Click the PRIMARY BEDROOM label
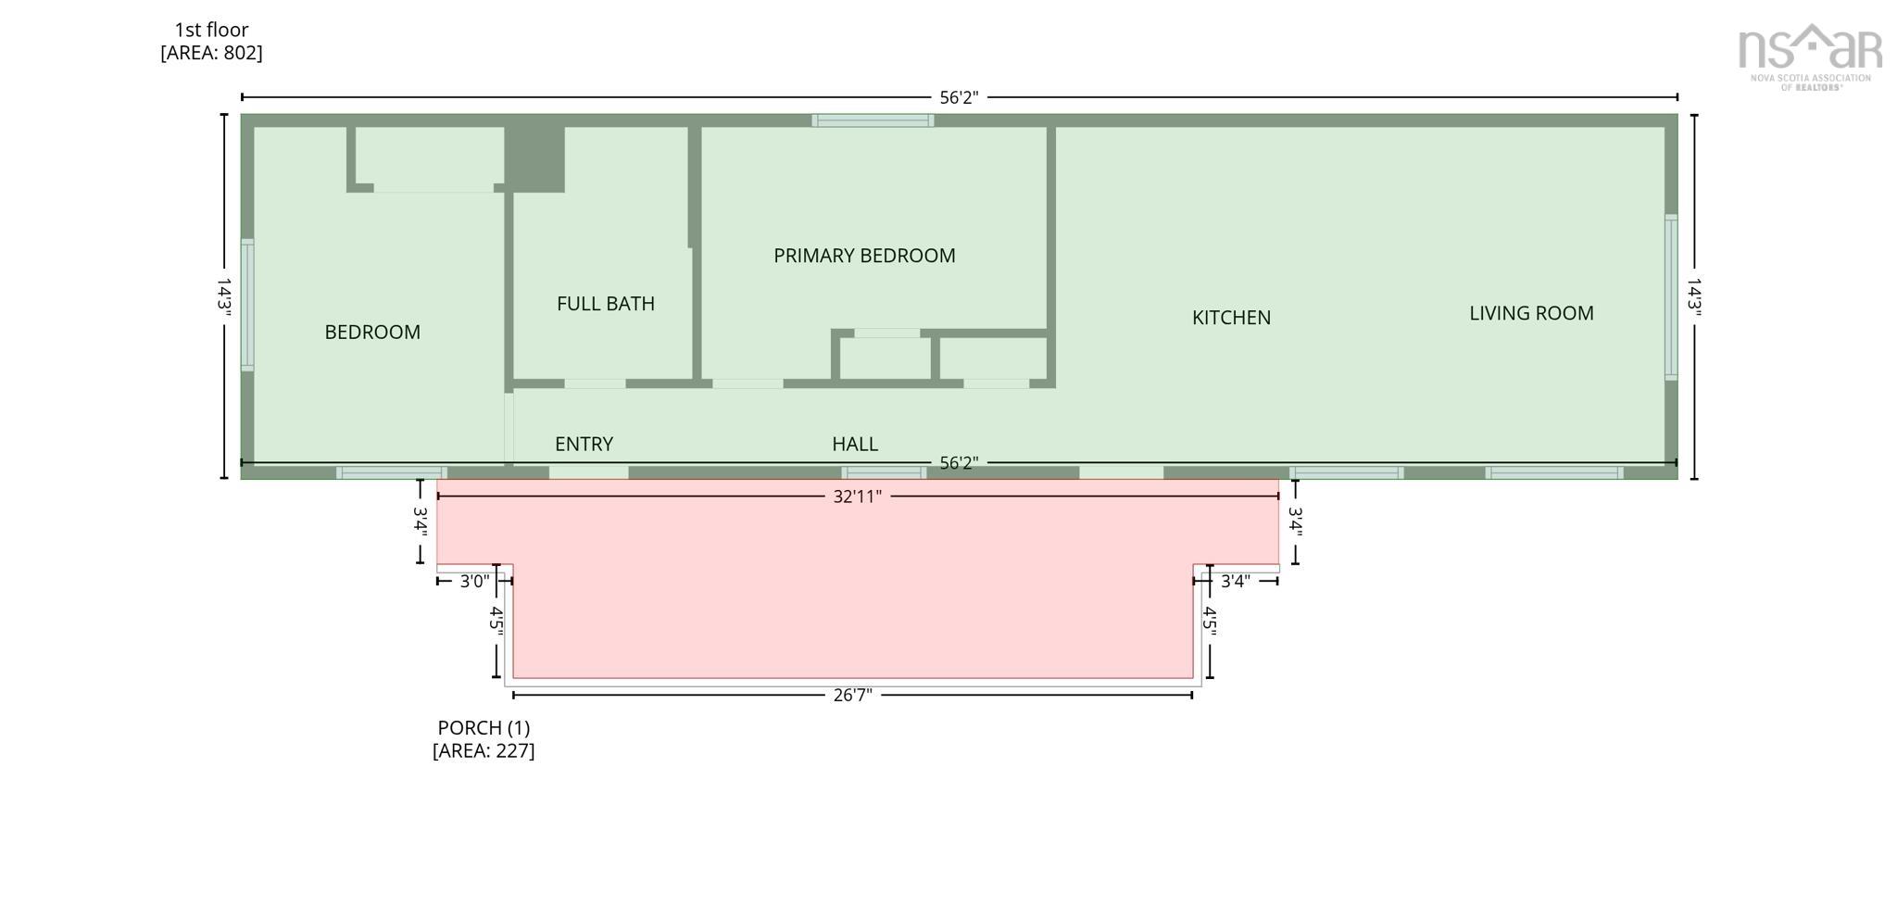tap(864, 256)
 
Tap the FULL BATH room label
tap(605, 304)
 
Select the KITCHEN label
tap(1231, 318)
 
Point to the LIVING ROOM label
tap(1531, 313)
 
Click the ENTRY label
tap(584, 444)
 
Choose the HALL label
tap(854, 444)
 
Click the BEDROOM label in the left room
tap(372, 332)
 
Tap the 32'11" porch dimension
tap(857, 497)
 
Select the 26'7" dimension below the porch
tap(852, 695)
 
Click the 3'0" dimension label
tap(474, 581)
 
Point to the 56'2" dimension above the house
tap(959, 97)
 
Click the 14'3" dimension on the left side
tap(223, 296)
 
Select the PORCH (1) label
tap(484, 728)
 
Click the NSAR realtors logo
tap(1809, 56)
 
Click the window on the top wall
tap(873, 120)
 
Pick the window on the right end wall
tap(1671, 296)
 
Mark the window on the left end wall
tap(247, 305)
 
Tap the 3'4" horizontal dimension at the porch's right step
tap(1235, 581)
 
